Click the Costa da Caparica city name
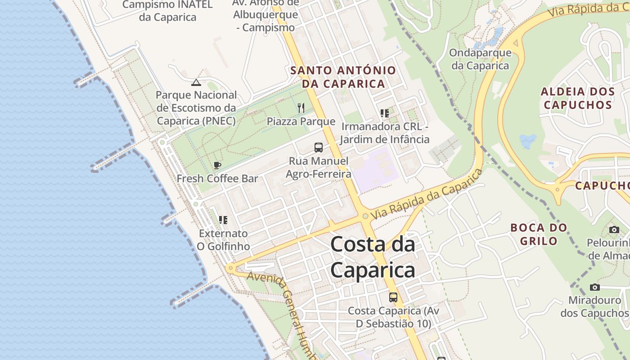373,257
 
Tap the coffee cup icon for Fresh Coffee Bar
217,166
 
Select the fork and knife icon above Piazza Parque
301,108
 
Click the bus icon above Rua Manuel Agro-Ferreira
319,147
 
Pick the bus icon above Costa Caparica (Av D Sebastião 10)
393,297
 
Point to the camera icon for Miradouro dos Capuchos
595,287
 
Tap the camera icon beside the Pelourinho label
614,230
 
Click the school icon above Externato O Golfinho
223,220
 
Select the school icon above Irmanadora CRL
384,113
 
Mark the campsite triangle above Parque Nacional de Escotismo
196,82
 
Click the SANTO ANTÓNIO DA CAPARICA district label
343,77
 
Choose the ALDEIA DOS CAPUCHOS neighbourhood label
578,98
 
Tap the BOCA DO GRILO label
539,234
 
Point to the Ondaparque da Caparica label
480,59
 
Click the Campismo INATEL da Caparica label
167,11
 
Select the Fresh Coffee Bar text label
217,179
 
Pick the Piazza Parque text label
301,121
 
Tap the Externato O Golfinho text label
224,240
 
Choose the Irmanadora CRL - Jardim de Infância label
384,133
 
